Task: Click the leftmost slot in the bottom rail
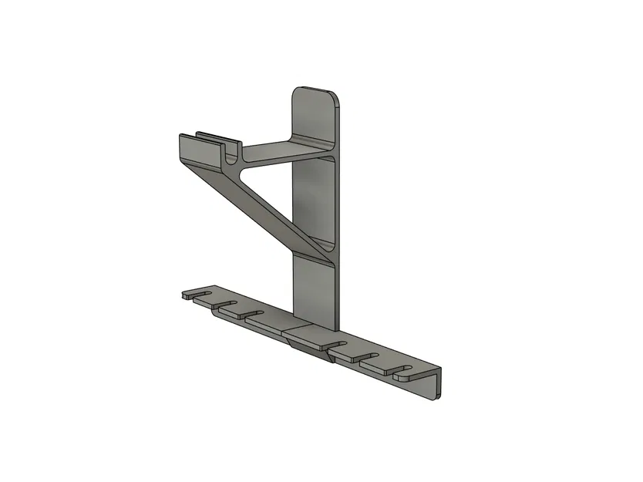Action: tap(202, 294)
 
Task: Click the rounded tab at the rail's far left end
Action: tap(187, 295)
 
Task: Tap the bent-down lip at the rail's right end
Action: tap(436, 386)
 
